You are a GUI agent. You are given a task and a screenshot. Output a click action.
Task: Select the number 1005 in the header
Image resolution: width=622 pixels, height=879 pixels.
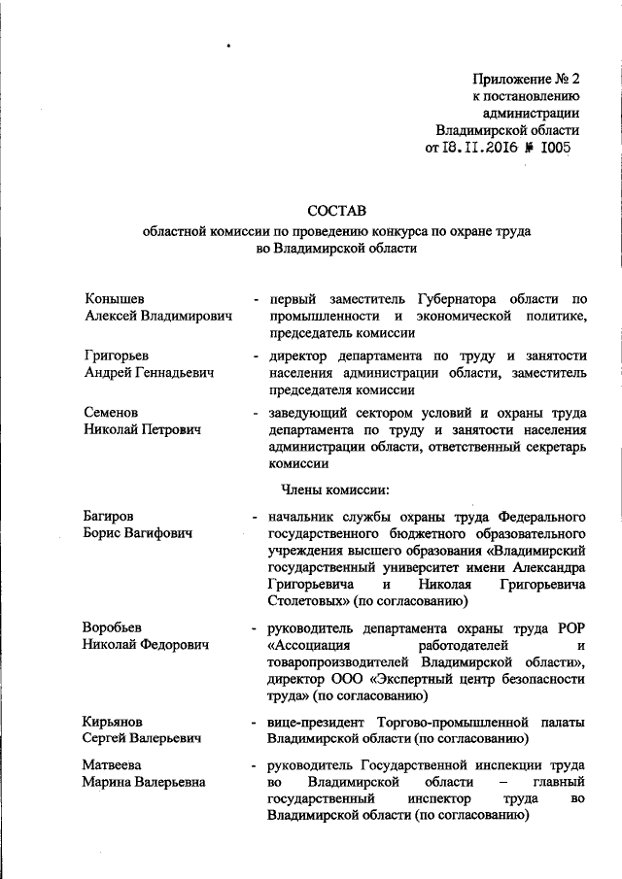click(550, 148)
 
